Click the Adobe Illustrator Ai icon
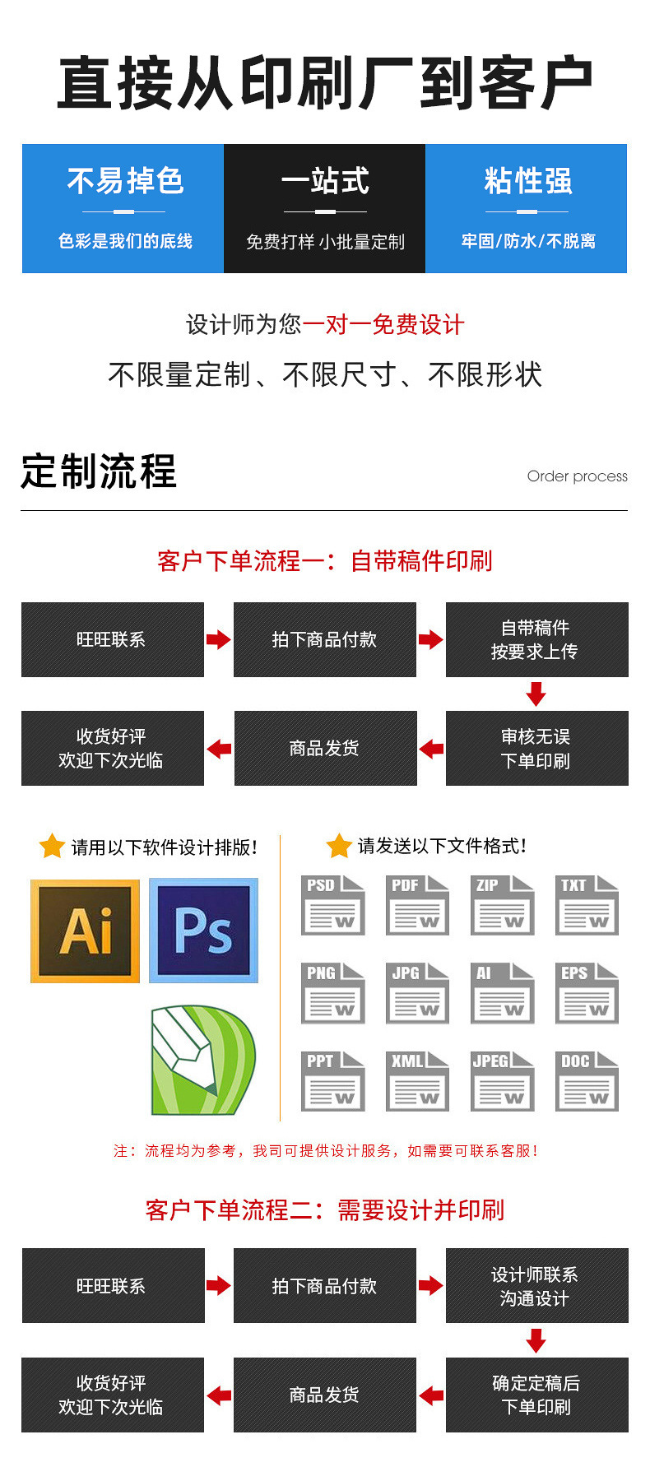click(x=85, y=931)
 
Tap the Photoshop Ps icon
click(x=203, y=931)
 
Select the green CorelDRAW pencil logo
click(x=202, y=1060)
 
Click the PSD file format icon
click(x=332, y=904)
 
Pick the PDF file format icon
click(x=417, y=904)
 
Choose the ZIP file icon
click(x=502, y=904)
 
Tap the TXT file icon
click(x=587, y=904)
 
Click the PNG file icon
click(x=332, y=992)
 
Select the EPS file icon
click(x=587, y=992)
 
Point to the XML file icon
click(x=417, y=1080)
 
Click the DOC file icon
click(x=587, y=1080)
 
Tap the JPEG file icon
click(x=502, y=1080)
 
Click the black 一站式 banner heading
click(x=325, y=181)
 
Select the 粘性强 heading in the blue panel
click(x=527, y=181)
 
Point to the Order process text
click(x=577, y=476)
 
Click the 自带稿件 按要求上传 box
click(x=536, y=639)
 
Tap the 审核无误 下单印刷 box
click(x=536, y=748)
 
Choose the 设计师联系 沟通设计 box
click(x=536, y=1285)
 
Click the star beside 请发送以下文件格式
click(x=338, y=845)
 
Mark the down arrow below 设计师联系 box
click(x=536, y=1341)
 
